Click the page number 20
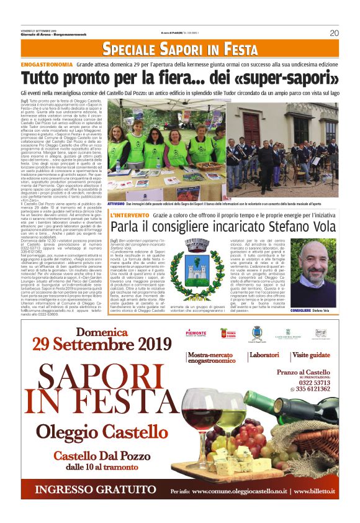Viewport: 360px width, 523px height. [x=333, y=33]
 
